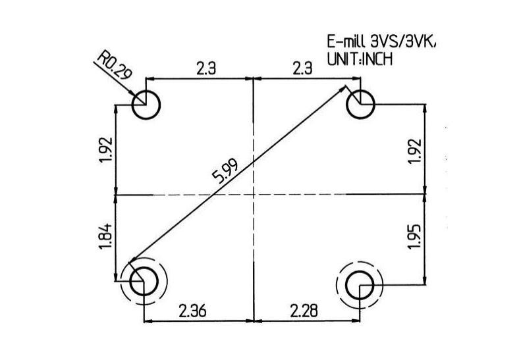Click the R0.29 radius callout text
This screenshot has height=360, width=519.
113,64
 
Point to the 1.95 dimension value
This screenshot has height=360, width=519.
413,236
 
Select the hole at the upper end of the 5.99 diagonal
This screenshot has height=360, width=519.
361,104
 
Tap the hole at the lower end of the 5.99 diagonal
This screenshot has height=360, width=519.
143,282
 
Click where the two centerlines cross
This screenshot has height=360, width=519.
254,195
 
